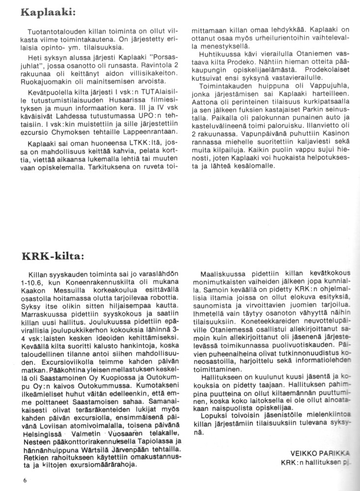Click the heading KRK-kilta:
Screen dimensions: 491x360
[54, 256]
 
